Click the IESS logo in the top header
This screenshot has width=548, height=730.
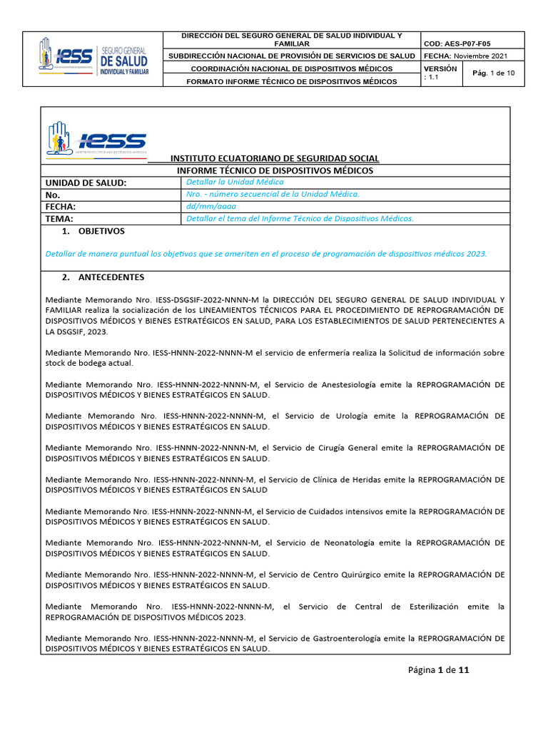pyautogui.click(x=93, y=58)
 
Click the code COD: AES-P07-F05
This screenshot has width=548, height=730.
pyautogui.click(x=457, y=43)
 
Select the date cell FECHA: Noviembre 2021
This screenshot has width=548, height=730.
pyautogui.click(x=466, y=56)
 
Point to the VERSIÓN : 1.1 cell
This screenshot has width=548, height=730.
pyautogui.click(x=440, y=73)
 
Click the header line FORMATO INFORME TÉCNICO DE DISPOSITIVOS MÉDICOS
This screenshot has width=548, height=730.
pyautogui.click(x=292, y=81)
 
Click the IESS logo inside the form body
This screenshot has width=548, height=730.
pyautogui.click(x=96, y=138)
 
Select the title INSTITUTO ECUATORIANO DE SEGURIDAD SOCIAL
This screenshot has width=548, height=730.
pyautogui.click(x=275, y=158)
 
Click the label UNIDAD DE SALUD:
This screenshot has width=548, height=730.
pyautogui.click(x=86, y=183)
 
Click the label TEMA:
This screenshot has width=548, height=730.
pyautogui.click(x=59, y=219)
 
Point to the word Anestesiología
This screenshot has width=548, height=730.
pyautogui.click(x=357, y=384)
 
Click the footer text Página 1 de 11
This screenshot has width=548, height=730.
pyautogui.click(x=439, y=669)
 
